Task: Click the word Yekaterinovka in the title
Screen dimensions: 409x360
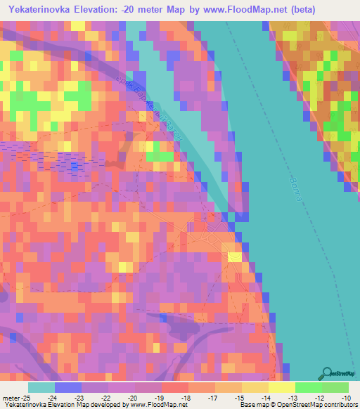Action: pyautogui.click(x=43, y=10)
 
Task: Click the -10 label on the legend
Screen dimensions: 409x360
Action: pyautogui.click(x=338, y=397)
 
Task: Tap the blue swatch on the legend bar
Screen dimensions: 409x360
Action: pyautogui.click(x=67, y=387)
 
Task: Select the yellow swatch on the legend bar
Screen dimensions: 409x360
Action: pyautogui.click(x=281, y=387)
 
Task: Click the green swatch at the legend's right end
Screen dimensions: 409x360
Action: pyautogui.click(x=335, y=387)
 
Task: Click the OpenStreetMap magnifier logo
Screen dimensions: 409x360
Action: pyautogui.click(x=328, y=373)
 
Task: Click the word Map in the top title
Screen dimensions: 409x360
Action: pyautogui.click(x=185, y=10)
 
